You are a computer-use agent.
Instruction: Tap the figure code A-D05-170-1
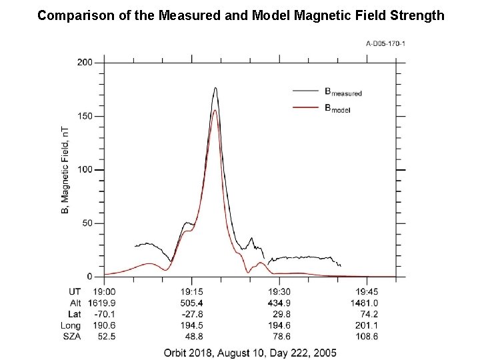click(385, 44)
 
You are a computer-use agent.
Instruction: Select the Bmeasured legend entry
click(343, 93)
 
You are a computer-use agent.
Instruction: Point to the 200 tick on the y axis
click(85, 63)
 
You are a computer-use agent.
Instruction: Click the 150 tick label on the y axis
click(85, 116)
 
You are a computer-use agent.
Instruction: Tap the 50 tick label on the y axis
click(87, 223)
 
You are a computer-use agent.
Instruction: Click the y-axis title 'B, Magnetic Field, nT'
click(65, 170)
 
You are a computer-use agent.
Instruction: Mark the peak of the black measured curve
click(215, 87)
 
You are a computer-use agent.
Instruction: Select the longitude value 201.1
click(367, 325)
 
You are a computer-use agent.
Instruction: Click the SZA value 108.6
click(367, 337)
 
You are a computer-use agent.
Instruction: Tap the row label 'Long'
click(69, 325)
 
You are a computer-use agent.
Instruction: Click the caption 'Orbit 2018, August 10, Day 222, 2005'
click(251, 352)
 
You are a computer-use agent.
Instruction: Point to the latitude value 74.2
click(367, 314)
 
